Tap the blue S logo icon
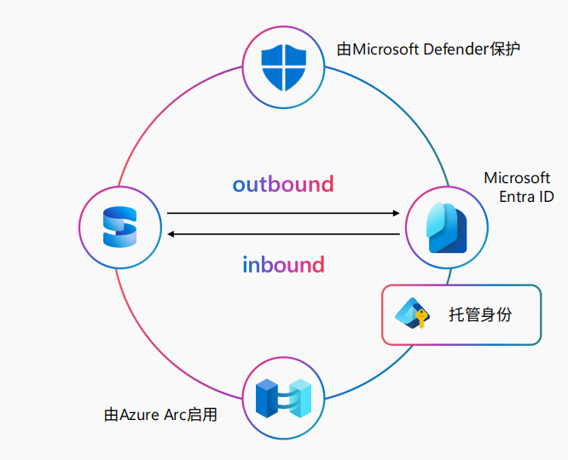pos(120,227)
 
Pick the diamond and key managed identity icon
pos(411,314)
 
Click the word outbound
pos(283,184)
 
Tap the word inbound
pos(283,264)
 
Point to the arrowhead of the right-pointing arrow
pos(397,213)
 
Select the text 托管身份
pos(481,314)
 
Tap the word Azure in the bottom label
pos(140,416)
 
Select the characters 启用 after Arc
pos(206,416)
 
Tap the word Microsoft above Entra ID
pos(517,178)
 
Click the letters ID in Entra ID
pos(546,197)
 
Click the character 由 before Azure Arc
pos(111,416)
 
